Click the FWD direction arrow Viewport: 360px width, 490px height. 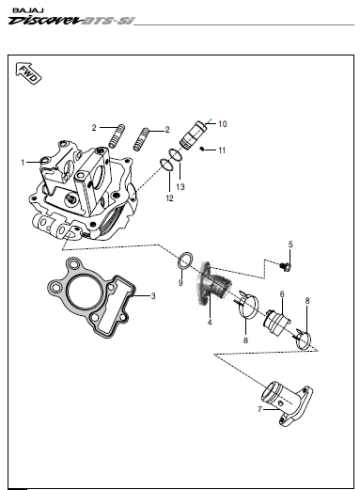tap(28, 73)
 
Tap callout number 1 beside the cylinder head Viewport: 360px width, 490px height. tap(23, 163)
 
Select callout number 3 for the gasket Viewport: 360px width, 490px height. tap(153, 296)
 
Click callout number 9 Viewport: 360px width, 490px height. tap(180, 283)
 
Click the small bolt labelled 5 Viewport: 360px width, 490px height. tap(285, 266)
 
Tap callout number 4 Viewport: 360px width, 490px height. tap(210, 322)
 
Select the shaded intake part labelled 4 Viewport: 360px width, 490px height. tap(213, 284)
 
